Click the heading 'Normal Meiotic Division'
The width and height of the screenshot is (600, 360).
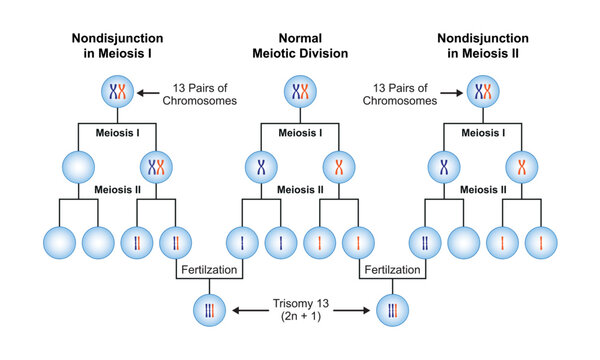coord(300,46)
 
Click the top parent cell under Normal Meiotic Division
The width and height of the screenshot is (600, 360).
coord(300,94)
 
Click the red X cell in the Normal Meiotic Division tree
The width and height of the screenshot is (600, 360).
coord(340,165)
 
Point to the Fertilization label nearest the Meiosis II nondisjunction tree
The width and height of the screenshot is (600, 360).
coord(387,270)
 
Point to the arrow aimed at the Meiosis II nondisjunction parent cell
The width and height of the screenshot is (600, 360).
coord(451,94)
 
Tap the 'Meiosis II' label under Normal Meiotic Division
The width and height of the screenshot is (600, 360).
coord(300,189)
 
